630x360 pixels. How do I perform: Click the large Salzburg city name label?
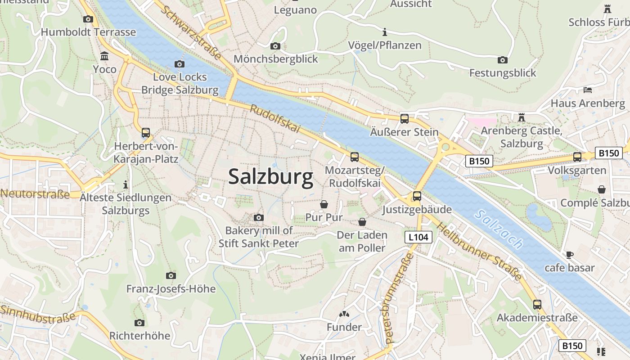[270, 176]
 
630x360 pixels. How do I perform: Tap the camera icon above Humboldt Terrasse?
[88, 19]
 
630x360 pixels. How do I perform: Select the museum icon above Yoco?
[104, 56]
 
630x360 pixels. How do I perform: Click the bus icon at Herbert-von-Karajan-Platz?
[146, 133]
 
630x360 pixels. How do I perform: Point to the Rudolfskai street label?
[275, 119]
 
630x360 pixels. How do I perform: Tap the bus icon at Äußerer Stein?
[405, 119]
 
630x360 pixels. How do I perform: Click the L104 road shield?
[418, 237]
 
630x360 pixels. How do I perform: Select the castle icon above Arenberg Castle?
[522, 117]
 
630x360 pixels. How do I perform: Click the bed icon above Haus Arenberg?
[588, 90]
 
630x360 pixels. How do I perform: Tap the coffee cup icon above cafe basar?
[569, 255]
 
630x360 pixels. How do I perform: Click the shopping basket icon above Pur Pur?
[324, 204]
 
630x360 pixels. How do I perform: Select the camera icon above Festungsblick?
[503, 60]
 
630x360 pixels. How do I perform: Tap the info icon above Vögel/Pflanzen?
[384, 32]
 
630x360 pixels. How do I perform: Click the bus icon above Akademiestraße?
[537, 304]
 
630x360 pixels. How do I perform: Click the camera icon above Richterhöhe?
[139, 323]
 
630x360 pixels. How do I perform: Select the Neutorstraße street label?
[35, 194]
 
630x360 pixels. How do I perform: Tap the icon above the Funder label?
[344, 314]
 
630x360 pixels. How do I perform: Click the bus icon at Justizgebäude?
[417, 196]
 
